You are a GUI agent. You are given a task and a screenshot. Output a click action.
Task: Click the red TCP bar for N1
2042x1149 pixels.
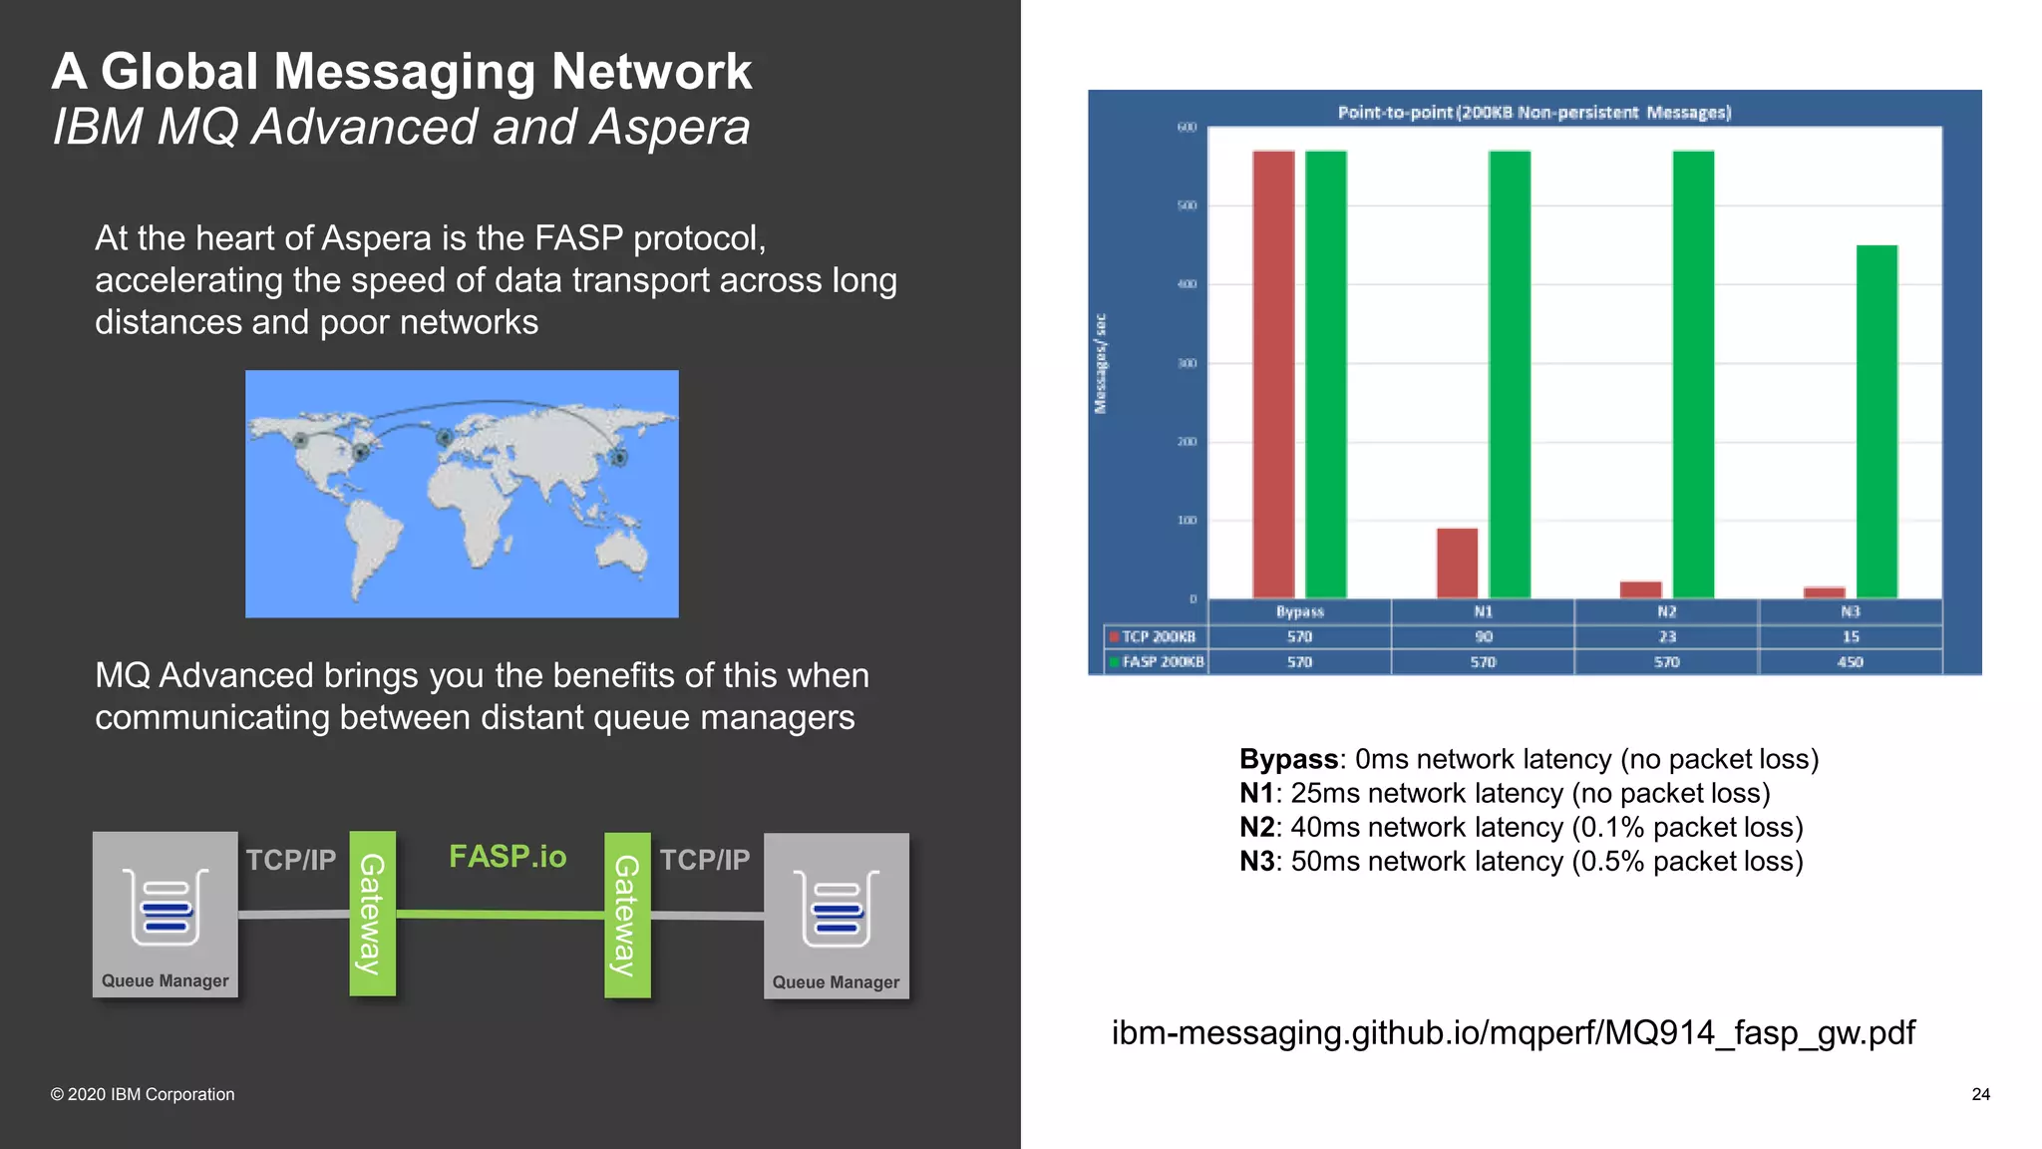point(1457,564)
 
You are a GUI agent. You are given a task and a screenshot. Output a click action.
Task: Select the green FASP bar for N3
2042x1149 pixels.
point(1876,421)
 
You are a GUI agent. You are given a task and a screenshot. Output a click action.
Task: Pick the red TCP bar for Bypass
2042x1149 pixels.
point(1273,374)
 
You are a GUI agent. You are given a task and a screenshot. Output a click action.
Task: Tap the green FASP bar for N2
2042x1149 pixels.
point(1693,374)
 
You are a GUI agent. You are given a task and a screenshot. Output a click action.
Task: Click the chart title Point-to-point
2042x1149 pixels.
point(1533,113)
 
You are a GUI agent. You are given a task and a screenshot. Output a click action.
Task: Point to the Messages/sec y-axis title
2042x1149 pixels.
point(1101,364)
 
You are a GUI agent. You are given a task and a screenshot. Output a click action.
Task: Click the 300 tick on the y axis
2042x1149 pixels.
point(1187,363)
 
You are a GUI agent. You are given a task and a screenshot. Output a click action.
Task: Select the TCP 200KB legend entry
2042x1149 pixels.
point(1157,637)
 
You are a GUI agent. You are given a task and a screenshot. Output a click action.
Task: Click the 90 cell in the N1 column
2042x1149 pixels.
point(1484,637)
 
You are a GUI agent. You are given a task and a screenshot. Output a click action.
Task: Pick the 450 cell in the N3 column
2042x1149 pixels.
point(1851,662)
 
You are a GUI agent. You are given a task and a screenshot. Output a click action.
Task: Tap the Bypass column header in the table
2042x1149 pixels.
point(1299,611)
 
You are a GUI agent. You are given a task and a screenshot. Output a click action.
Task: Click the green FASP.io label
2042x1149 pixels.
point(508,857)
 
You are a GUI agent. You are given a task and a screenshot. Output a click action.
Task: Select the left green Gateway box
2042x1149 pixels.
point(372,914)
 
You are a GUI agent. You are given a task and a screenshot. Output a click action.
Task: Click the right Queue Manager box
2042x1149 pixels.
point(837,916)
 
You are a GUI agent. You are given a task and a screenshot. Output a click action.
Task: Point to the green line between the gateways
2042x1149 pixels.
point(501,914)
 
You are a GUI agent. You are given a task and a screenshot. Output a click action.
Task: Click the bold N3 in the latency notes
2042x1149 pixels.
point(1256,862)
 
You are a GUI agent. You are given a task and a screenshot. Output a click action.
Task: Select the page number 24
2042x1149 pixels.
point(1980,1094)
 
